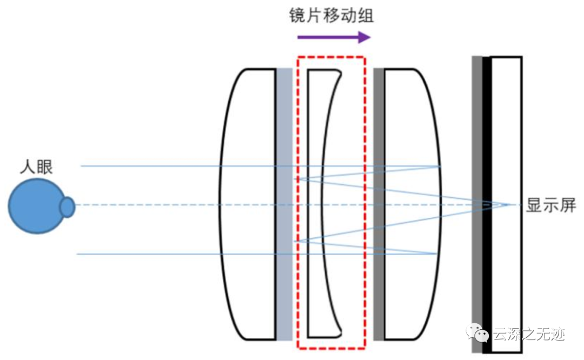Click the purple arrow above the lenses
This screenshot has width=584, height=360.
(x=334, y=37)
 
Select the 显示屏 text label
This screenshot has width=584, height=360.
(x=551, y=205)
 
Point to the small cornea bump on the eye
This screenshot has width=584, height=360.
(x=67, y=207)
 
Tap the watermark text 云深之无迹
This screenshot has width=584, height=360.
(x=529, y=335)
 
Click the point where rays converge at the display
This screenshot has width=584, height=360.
(x=509, y=205)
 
